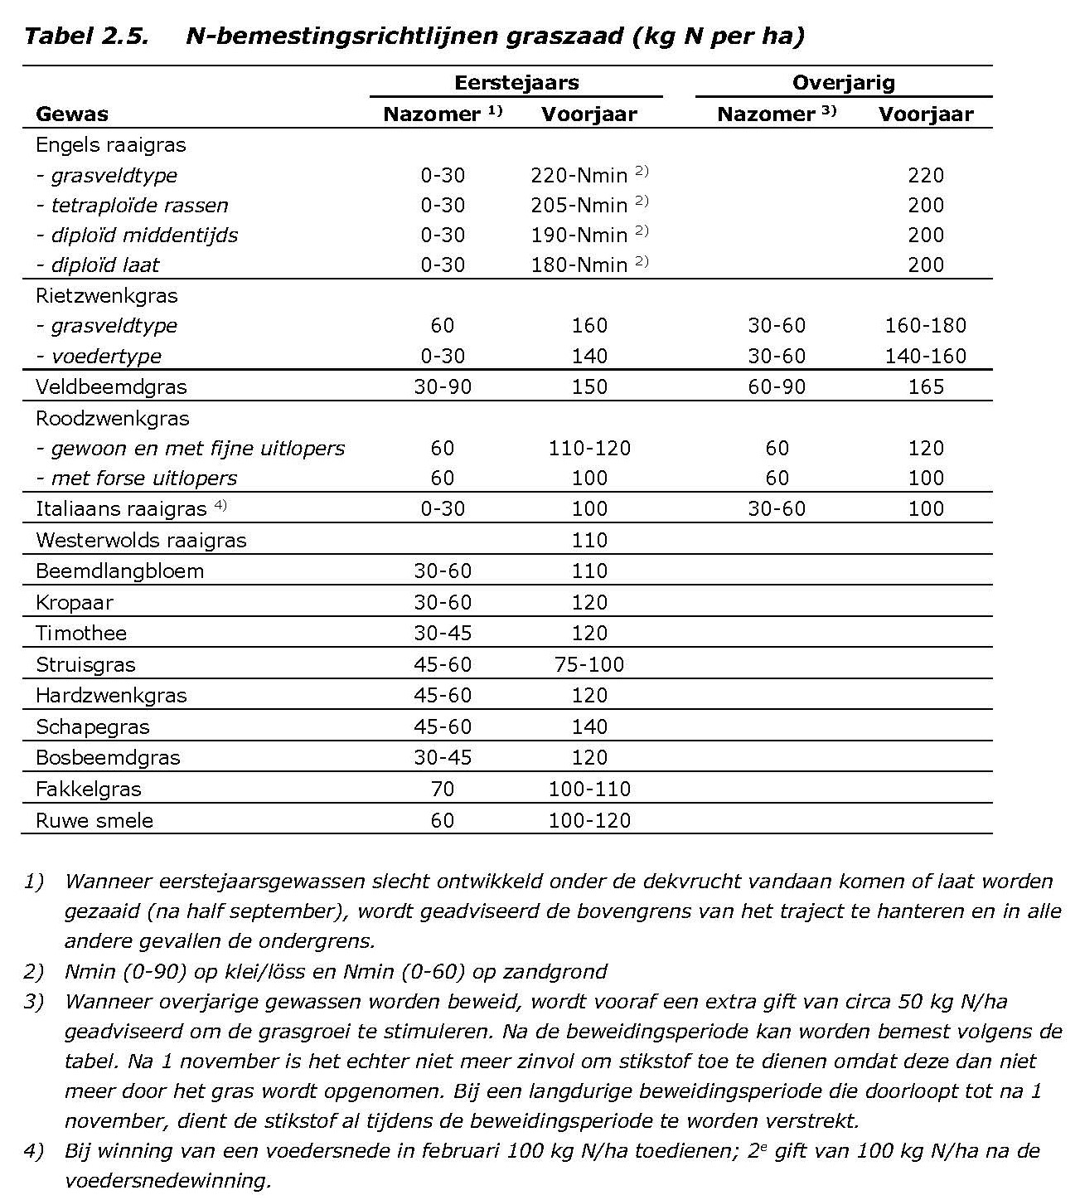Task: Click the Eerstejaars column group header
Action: (516, 83)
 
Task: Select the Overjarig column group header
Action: (843, 83)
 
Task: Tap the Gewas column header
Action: (72, 114)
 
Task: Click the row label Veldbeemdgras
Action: (111, 387)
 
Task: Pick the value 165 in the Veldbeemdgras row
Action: (925, 387)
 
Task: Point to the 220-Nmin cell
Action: (579, 176)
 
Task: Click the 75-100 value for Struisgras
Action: (588, 665)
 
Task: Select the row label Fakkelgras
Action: (88, 789)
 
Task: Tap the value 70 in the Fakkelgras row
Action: (443, 789)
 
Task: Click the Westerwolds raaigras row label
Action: (141, 541)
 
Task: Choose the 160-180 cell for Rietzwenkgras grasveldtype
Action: (925, 326)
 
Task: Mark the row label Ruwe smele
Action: (94, 821)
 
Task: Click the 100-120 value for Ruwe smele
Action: (588, 821)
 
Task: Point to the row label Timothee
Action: (81, 634)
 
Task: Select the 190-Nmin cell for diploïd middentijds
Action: (579, 236)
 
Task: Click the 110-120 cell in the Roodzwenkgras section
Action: (588, 449)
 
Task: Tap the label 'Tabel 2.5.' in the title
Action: (86, 36)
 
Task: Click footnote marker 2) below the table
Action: (34, 971)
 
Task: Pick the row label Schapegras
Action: (93, 727)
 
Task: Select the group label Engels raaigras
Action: (111, 145)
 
